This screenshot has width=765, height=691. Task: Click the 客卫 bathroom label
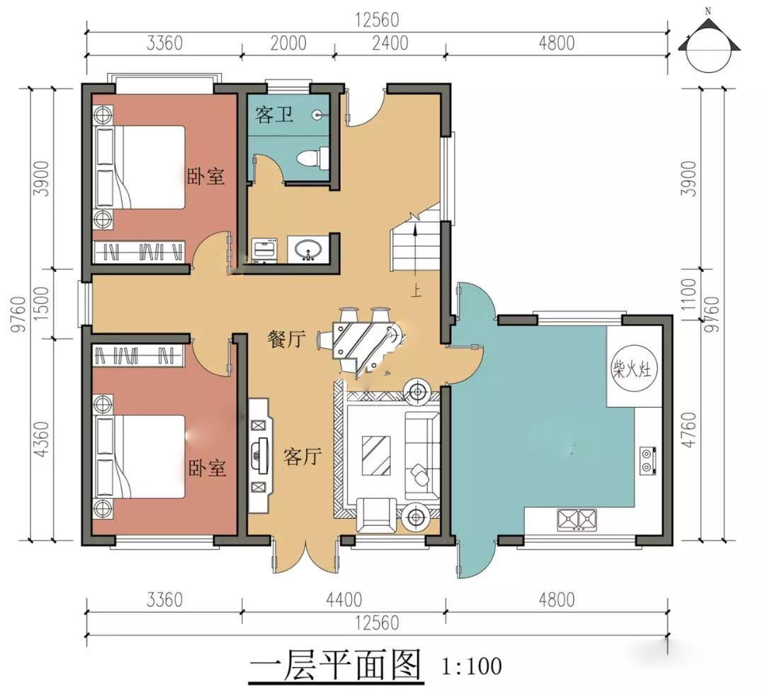click(273, 115)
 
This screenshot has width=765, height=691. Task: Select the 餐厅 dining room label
click(286, 338)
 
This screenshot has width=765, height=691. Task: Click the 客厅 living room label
click(302, 456)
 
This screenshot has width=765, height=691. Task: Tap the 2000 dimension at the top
click(288, 43)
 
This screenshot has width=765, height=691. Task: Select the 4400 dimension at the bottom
click(344, 600)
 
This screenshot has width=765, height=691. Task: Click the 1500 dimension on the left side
click(42, 303)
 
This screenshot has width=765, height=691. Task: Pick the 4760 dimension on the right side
click(688, 429)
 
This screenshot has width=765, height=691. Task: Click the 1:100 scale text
click(471, 665)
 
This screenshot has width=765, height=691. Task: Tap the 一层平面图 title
click(335, 665)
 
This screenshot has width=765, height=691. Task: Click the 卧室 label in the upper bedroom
click(206, 176)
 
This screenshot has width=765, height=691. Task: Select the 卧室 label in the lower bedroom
click(208, 468)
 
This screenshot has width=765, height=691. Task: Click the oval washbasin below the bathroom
click(308, 249)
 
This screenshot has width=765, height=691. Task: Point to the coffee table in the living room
click(375, 455)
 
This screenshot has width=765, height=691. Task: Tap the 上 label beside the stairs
click(416, 291)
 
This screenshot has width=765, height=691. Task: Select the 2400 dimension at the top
click(390, 43)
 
